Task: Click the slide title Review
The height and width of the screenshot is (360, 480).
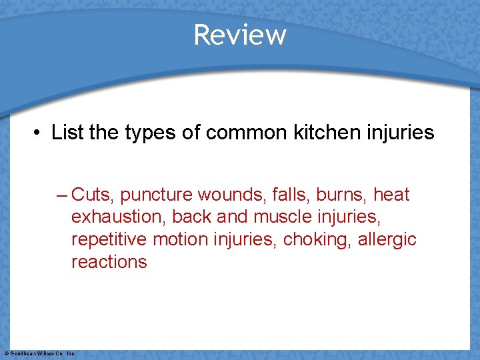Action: click(240, 35)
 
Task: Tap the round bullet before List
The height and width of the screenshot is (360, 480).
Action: click(38, 133)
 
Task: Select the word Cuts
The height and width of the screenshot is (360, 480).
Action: click(93, 195)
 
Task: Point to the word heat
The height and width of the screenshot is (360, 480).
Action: click(391, 195)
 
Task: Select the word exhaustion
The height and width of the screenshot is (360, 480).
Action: click(118, 217)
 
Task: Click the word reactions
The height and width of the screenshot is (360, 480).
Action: click(109, 261)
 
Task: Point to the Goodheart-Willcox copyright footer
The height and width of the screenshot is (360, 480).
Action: click(39, 353)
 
